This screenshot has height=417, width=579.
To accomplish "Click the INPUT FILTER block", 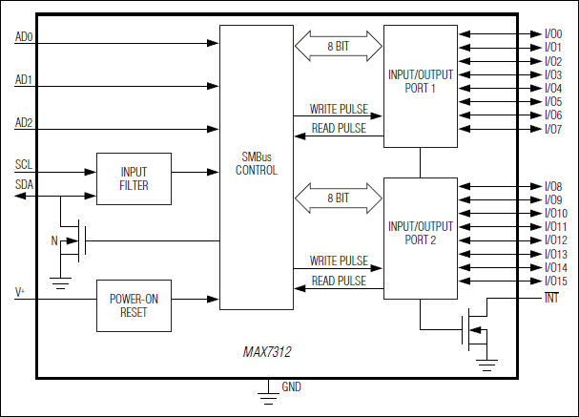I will point(134,178).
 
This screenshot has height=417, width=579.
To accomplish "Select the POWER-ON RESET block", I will point(134,305).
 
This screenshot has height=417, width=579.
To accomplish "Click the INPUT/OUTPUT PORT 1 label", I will point(420,81).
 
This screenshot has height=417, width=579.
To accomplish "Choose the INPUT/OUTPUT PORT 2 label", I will point(420,233).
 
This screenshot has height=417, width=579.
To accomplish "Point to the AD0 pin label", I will point(24,37).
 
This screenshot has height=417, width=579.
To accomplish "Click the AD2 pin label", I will point(24,123).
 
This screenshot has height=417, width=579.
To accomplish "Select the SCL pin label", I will point(24,164).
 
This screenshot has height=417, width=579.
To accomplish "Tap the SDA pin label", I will point(24,184).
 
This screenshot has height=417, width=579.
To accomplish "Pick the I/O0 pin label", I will point(553,33).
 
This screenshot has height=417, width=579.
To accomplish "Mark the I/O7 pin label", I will point(553,128).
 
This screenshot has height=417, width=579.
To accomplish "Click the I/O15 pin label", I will point(556,281).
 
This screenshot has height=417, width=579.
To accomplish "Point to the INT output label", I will point(551,299).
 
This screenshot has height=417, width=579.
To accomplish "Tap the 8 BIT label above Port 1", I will point(339,44).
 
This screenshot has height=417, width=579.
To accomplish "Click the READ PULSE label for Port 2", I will point(339,281).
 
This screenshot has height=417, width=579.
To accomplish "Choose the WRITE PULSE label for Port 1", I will point(339,108).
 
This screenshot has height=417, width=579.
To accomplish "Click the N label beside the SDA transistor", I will point(55,240).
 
